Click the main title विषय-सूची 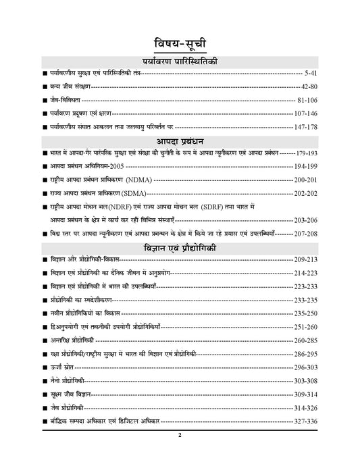point(179,39)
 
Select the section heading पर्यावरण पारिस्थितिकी point(180,61)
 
